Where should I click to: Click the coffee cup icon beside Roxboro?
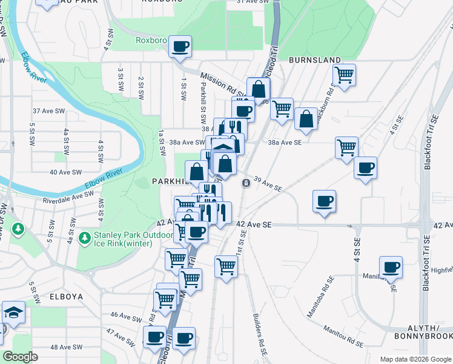coord(179,46)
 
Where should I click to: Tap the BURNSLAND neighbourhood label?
coord(314,61)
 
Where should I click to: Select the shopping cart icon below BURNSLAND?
coord(344,75)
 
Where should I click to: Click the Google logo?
coord(21,357)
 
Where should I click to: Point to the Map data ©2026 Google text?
coord(415,359)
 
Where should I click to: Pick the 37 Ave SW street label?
coord(49,111)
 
